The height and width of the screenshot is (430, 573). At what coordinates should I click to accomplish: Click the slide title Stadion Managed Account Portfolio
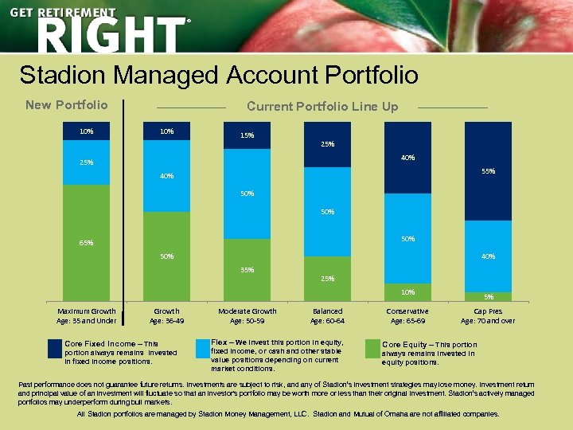pyautogui.click(x=219, y=75)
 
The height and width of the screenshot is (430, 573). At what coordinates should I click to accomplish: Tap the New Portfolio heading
pyautogui.click(x=67, y=105)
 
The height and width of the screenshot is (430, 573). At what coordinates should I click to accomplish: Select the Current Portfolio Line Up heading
pyautogui.click(x=322, y=106)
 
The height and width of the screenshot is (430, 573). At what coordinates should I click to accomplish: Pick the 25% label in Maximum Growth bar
pyautogui.click(x=86, y=162)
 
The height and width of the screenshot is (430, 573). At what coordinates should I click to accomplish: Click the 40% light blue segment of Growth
pyautogui.click(x=166, y=176)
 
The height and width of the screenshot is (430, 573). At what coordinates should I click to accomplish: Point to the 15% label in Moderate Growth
pyautogui.click(x=248, y=135)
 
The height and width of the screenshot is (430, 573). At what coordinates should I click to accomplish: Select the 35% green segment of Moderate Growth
pyautogui.click(x=248, y=270)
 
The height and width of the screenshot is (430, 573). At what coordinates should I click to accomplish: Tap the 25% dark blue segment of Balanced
pyautogui.click(x=328, y=144)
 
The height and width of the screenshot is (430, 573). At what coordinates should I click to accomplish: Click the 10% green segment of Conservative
pyautogui.click(x=407, y=292)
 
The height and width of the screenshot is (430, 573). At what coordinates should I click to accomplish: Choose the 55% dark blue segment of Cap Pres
pyautogui.click(x=488, y=171)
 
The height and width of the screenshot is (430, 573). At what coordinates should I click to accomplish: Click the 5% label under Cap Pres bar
pyautogui.click(x=488, y=298)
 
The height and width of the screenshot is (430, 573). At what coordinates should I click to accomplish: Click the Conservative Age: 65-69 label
pyautogui.click(x=407, y=316)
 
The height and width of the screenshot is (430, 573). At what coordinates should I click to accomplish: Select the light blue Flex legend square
pyautogui.click(x=201, y=348)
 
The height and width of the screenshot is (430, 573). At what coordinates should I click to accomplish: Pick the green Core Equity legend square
pyautogui.click(x=372, y=349)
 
